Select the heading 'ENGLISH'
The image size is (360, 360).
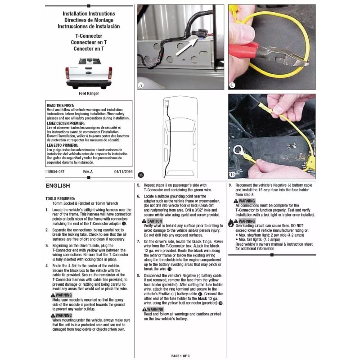[58, 185]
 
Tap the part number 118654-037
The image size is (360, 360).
[55, 172]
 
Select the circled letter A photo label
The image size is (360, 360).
[141, 85]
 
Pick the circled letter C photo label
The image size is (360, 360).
[232, 85]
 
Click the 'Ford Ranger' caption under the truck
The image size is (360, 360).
[89, 94]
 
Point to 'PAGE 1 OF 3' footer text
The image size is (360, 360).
[181, 356]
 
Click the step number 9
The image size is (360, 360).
[230, 185]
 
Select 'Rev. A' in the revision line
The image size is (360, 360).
[88, 172]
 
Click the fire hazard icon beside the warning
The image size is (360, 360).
[231, 222]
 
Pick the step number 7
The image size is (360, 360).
[139, 242]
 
